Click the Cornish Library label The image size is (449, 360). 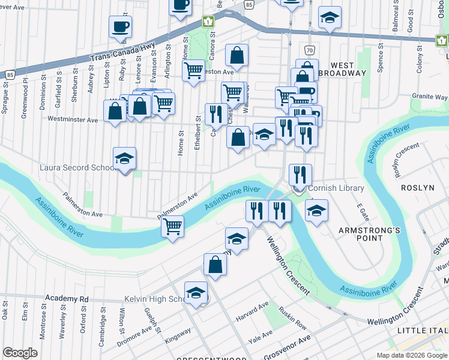(x=336, y=188)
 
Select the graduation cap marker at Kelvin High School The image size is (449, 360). (x=196, y=293)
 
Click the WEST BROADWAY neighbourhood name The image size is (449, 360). (x=348, y=68)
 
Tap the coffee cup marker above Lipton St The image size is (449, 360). (x=120, y=26)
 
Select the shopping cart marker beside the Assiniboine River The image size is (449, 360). (x=173, y=227)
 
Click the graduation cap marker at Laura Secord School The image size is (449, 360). (x=125, y=158)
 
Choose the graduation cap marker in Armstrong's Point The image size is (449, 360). (x=316, y=211)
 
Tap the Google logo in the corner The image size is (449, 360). (x=20, y=353)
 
